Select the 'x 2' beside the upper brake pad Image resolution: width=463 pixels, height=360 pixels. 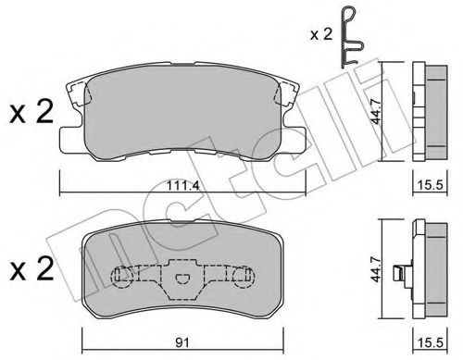coord(31,116)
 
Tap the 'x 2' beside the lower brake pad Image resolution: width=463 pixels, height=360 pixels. coord(31,272)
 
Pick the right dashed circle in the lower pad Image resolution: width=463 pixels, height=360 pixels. coord(246,277)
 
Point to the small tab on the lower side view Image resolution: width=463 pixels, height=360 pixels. coord(398,274)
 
